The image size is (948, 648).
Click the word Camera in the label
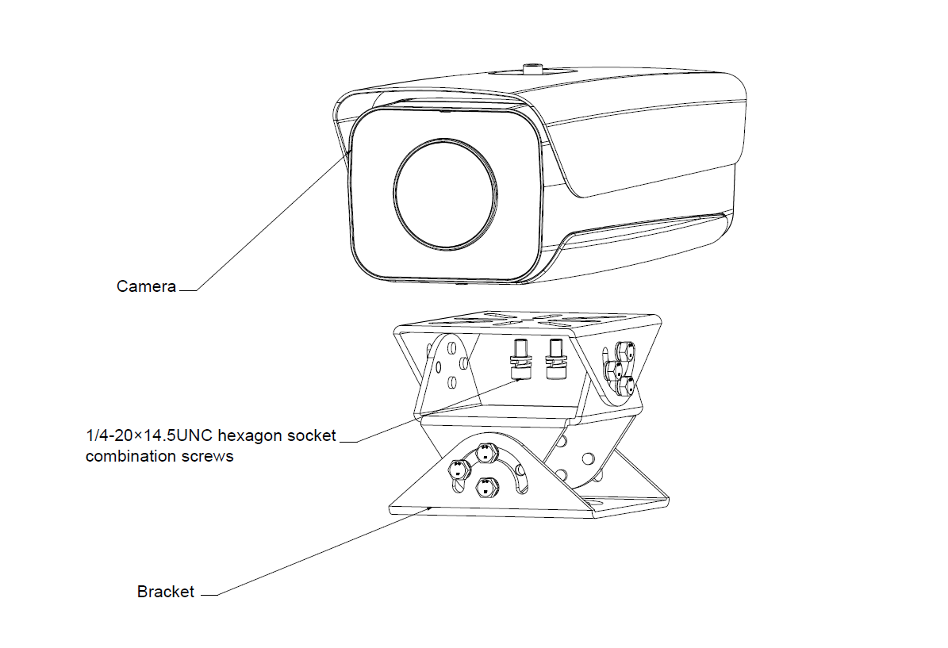[x=146, y=286]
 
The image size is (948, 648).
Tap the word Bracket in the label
[x=165, y=592]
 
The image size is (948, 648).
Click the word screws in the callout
[x=209, y=456]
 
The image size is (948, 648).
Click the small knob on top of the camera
[x=531, y=67]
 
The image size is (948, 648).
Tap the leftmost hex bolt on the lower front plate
[x=457, y=468]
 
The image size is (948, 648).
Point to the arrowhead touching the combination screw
[x=516, y=379]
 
